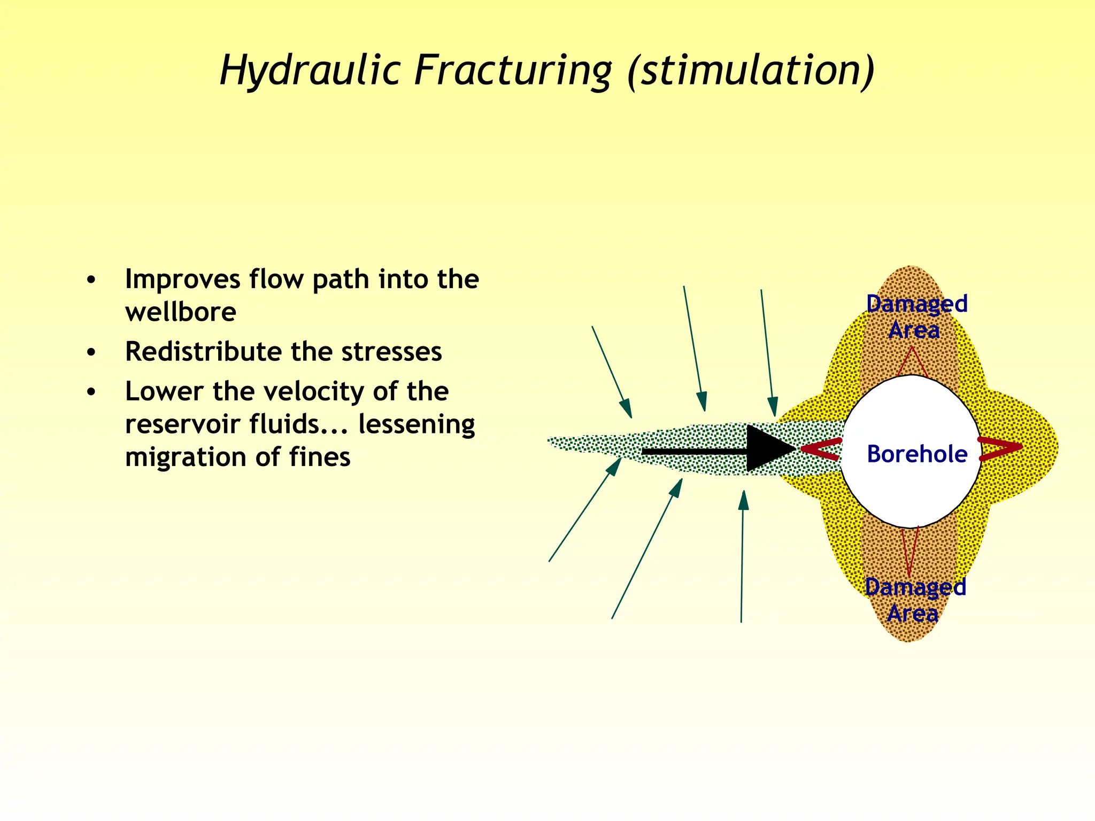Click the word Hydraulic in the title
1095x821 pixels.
tap(310, 71)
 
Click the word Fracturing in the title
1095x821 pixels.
tap(512, 71)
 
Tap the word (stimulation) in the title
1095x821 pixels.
tap(751, 71)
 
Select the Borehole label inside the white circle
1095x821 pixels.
tap(917, 454)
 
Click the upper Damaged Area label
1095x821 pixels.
tap(916, 316)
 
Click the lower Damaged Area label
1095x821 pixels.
tap(915, 600)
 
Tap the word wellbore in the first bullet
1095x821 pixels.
tap(181, 312)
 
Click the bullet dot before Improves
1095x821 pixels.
tap(91, 280)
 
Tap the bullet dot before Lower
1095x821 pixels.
tap(91, 392)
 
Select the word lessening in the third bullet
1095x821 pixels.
tap(417, 424)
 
